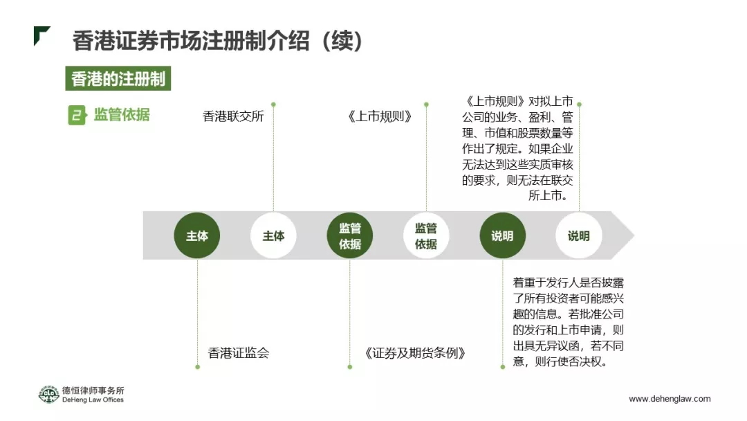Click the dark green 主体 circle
click(x=197, y=236)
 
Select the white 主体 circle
click(x=273, y=236)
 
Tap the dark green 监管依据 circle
click(x=349, y=236)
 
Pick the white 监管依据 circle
click(x=426, y=236)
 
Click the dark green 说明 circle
click(x=502, y=236)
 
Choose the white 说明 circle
click(x=578, y=236)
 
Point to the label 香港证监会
click(x=239, y=353)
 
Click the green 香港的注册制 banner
click(x=118, y=79)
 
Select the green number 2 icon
click(x=77, y=115)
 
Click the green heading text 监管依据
click(x=122, y=115)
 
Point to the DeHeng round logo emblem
click(x=48, y=395)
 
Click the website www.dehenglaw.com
click(x=669, y=399)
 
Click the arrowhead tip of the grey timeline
click(x=631, y=235)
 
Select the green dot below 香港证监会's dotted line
click(x=197, y=366)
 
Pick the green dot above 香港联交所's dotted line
click(x=273, y=105)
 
